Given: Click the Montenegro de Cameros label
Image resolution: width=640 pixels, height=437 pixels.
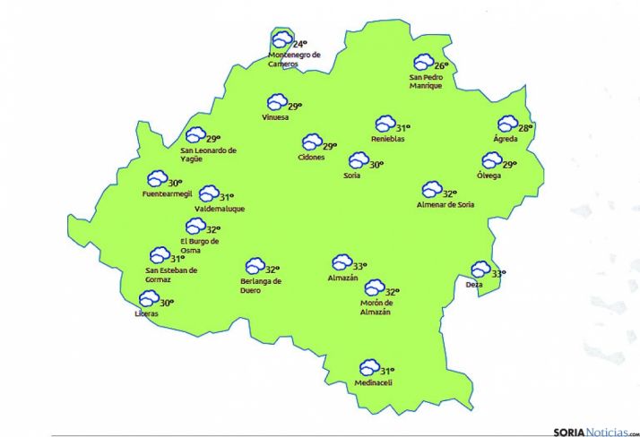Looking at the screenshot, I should click(x=294, y=59).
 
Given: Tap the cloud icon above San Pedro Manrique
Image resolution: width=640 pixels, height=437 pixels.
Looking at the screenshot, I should click(x=422, y=63).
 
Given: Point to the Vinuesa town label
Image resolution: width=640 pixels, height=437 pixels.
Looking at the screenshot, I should click(x=275, y=117).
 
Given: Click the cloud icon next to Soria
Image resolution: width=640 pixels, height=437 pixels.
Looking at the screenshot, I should click(x=359, y=161).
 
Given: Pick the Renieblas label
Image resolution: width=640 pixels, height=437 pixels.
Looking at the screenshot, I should click(x=388, y=139).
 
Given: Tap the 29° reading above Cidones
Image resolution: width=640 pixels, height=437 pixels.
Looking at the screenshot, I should click(x=330, y=146).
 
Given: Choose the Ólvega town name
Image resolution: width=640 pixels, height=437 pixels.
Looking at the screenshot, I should click(x=489, y=175).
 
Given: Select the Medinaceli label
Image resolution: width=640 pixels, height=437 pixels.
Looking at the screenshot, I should click(x=374, y=383).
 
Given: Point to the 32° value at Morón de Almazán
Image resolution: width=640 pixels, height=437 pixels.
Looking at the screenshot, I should click(x=391, y=291).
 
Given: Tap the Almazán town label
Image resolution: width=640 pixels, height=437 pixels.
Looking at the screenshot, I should click(x=343, y=278).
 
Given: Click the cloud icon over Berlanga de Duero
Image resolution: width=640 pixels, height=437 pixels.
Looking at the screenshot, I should click(x=255, y=266).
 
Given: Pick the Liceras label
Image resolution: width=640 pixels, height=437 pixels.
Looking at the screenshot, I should click(x=146, y=313).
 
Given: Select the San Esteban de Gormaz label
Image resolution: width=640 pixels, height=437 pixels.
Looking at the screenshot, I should click(x=170, y=274).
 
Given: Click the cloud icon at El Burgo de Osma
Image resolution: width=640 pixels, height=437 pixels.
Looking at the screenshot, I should click(x=195, y=227).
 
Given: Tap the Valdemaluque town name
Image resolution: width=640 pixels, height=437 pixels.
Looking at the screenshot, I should click(x=220, y=209).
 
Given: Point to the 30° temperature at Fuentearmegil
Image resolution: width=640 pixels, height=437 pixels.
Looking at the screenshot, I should click(x=175, y=183).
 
